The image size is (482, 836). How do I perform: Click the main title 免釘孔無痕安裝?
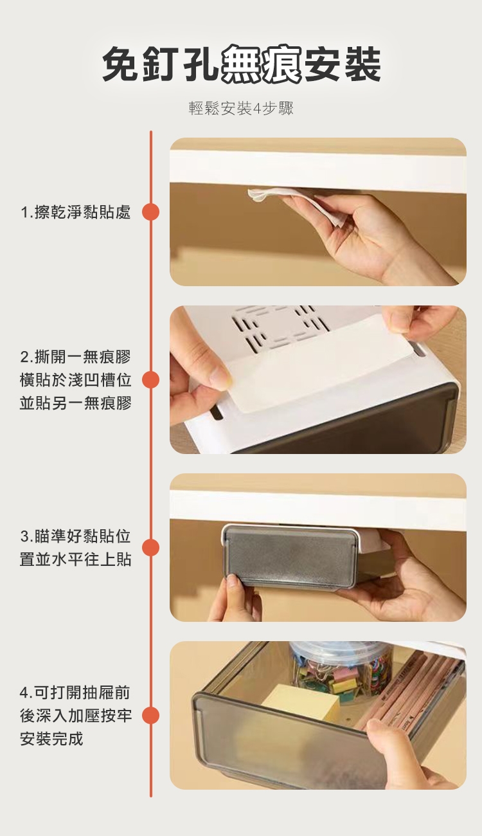click(242, 64)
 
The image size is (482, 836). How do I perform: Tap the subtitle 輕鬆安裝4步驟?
click(242, 108)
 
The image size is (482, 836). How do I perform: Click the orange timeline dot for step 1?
click(151, 212)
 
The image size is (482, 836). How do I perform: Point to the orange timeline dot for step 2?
click(151, 379)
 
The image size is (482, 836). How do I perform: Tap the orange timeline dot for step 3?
click(151, 547)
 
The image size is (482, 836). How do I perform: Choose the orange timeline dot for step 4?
click(151, 716)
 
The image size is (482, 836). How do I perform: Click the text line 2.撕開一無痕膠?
click(75, 357)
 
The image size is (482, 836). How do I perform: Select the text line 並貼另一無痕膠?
click(75, 403)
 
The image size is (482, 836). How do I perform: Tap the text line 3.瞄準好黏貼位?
click(75, 536)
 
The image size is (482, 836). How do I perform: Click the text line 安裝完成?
click(51, 739)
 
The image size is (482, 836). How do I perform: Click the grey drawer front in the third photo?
click(289, 557)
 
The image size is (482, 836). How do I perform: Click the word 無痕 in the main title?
click(261, 64)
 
